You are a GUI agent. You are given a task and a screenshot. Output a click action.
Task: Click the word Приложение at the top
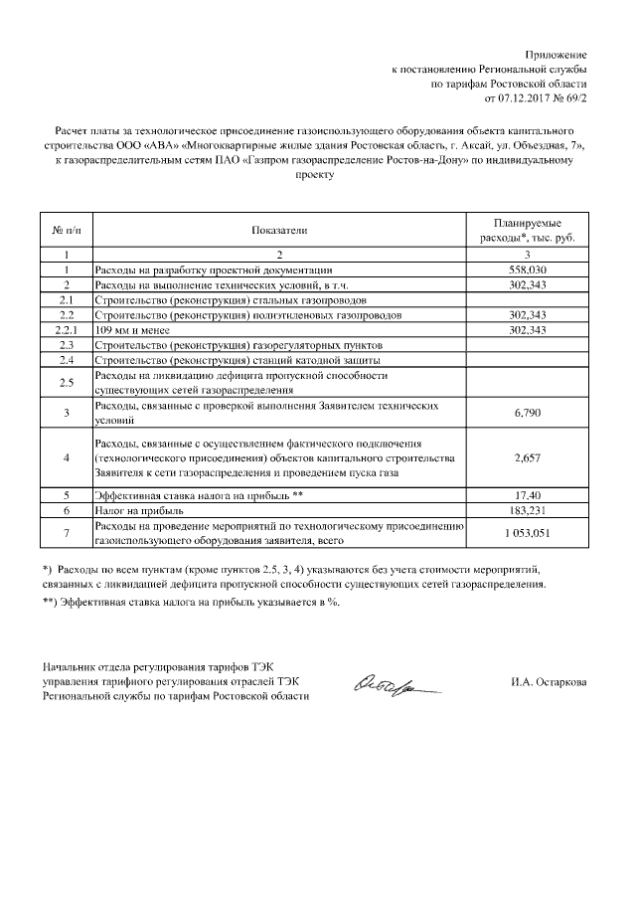click(556, 53)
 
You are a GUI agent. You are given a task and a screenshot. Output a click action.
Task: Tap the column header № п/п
click(65, 231)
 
